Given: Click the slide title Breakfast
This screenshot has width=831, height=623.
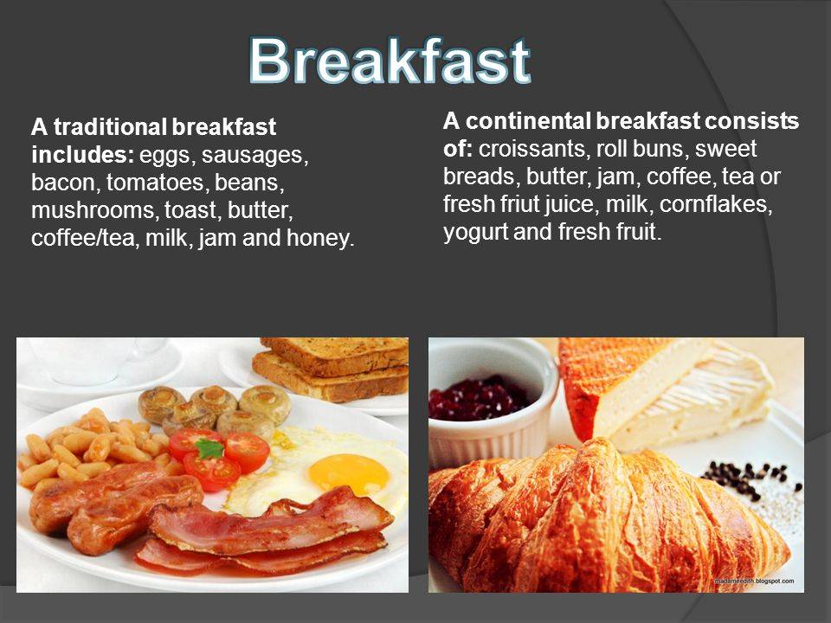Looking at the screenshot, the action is pos(390,61).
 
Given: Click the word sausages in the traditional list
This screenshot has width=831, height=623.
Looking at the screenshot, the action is pos(254,155).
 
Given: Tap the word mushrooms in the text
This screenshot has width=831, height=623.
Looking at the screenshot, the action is pos(94,210).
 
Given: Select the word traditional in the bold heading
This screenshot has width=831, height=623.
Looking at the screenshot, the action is pos(110,127).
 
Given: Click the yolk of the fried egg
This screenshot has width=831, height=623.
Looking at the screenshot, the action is pos(348,473).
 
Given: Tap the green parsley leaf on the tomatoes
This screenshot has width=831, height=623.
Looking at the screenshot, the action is pos(209,449).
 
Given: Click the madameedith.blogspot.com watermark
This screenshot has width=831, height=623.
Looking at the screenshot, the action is pos(755,581).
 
